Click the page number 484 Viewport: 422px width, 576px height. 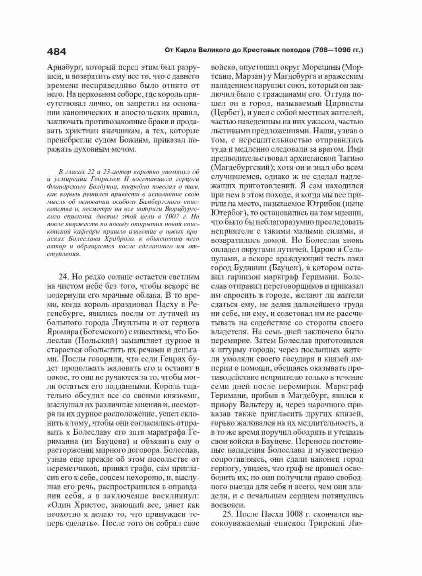click(56, 51)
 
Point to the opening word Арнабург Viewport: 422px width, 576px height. click(64, 66)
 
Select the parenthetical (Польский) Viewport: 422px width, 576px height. click(98, 341)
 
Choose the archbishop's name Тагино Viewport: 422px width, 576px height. click(350, 158)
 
